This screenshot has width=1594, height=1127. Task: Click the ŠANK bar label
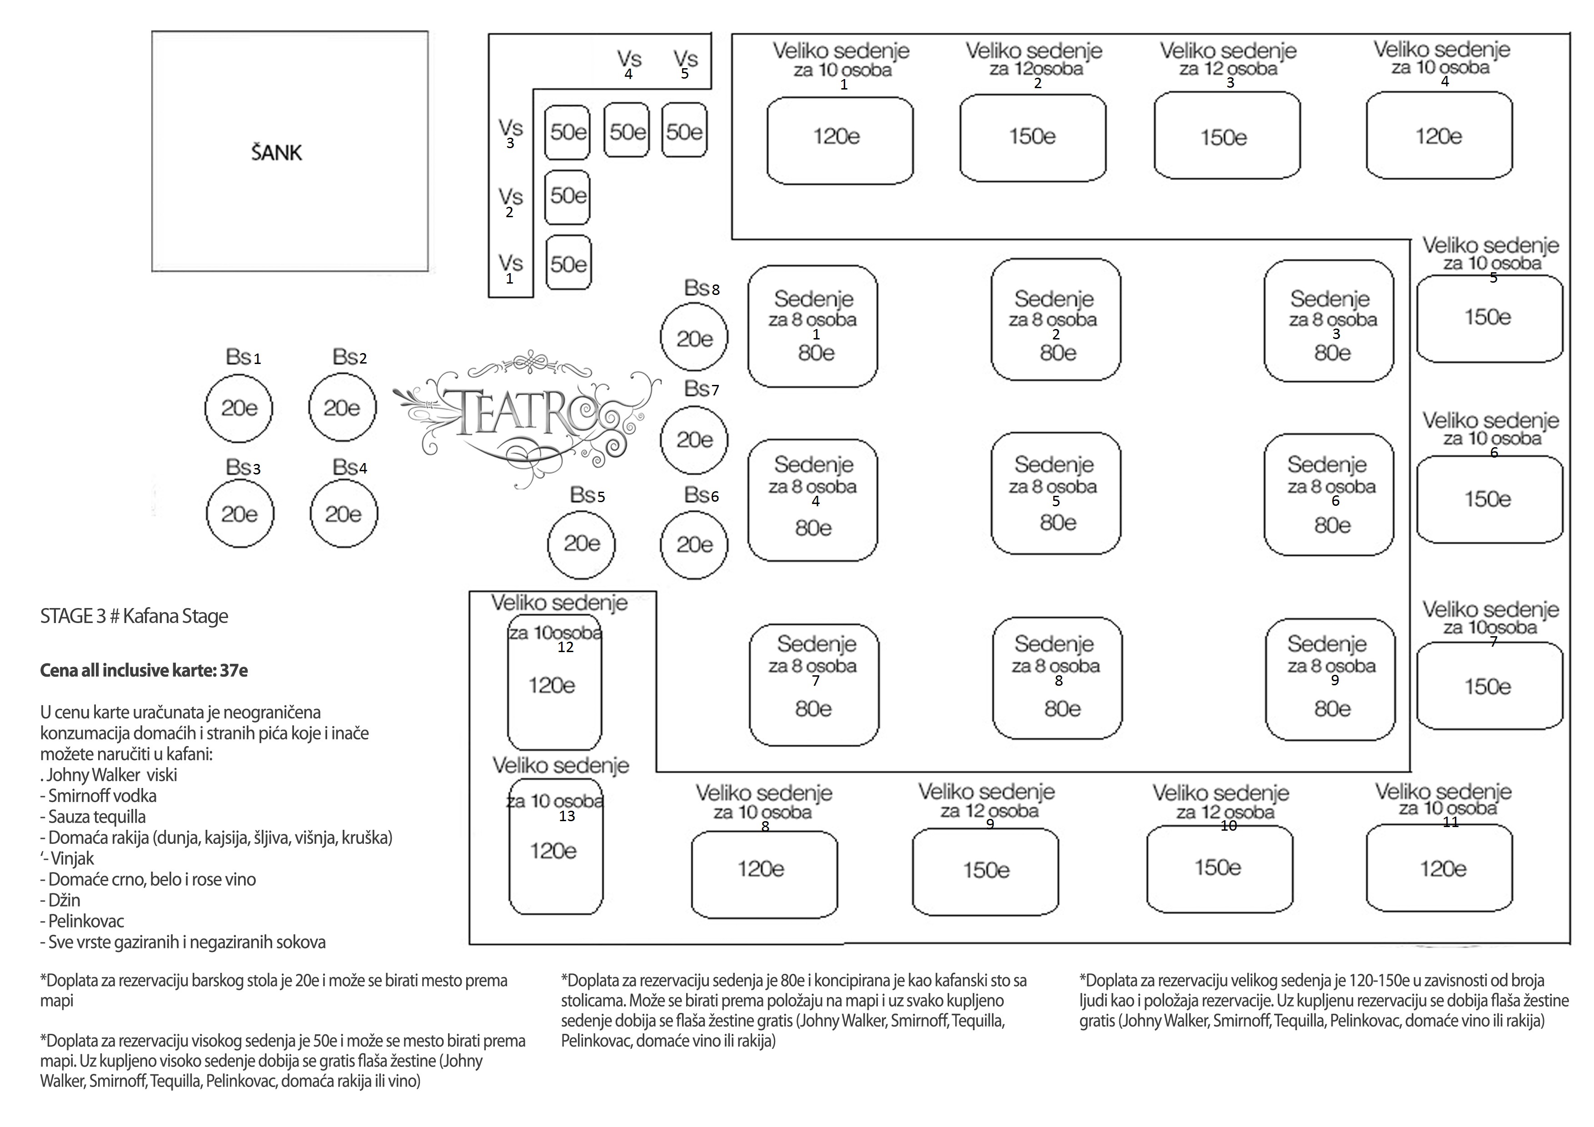coord(276,153)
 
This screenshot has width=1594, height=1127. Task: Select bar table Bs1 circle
coord(239,408)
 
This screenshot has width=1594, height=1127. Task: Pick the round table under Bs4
coord(344,514)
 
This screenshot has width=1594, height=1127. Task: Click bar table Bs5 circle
coord(582,544)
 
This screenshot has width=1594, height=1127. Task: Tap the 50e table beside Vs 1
coord(568,263)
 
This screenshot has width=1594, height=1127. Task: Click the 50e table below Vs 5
coord(684,130)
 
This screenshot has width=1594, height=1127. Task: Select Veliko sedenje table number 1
coord(840,140)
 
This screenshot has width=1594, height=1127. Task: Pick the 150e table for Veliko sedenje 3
coord(1227,135)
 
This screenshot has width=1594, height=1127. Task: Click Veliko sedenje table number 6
coord(1490,499)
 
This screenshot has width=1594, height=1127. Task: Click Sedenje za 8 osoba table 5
coord(1056,494)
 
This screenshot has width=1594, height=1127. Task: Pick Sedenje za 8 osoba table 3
coord(1329,321)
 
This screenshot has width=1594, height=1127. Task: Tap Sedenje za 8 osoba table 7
coord(814,685)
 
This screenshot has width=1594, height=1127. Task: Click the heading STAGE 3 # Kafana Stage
coord(134,616)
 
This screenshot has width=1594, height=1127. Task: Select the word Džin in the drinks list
coord(65,900)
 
